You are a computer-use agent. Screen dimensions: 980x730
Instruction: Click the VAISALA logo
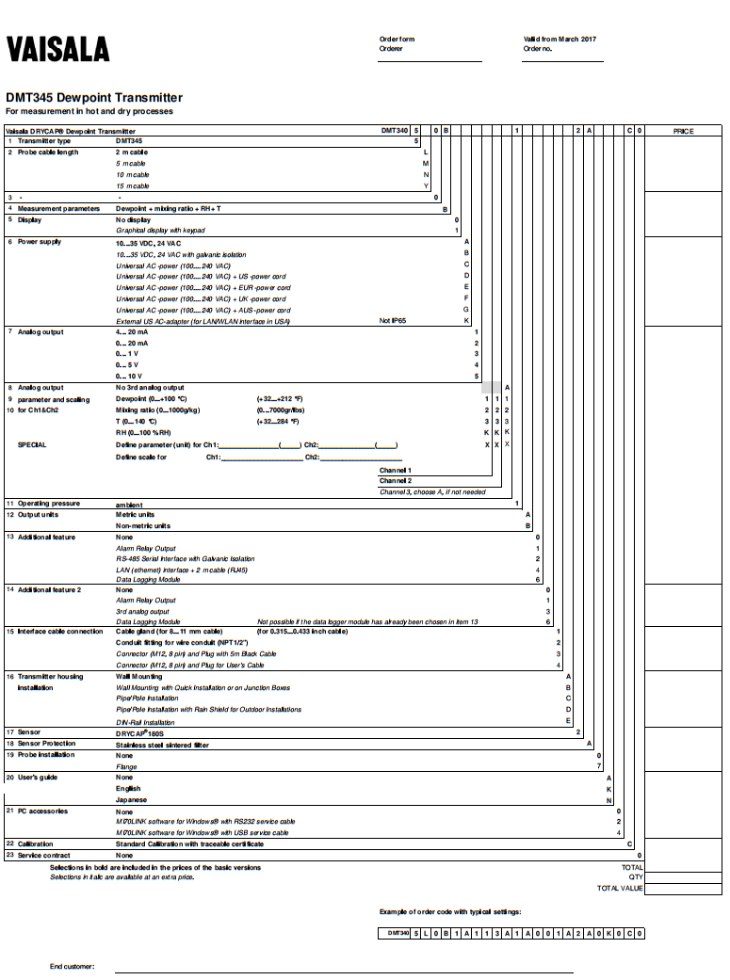(x=57, y=49)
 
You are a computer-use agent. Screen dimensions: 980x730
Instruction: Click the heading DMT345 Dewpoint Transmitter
(x=94, y=98)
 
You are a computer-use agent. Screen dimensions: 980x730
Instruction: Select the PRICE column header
(x=683, y=131)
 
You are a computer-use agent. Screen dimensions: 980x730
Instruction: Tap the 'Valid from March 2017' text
(x=560, y=40)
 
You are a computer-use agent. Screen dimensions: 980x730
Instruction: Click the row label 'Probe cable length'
(x=48, y=153)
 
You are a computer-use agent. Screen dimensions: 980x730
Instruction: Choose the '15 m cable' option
(x=132, y=186)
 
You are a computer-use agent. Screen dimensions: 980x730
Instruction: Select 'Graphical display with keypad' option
(x=160, y=231)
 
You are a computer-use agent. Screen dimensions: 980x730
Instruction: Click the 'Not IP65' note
(x=392, y=321)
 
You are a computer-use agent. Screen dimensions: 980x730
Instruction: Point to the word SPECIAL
(x=32, y=444)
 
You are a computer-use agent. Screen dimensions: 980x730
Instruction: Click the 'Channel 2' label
(x=396, y=480)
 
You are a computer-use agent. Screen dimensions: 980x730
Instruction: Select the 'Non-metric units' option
(x=143, y=526)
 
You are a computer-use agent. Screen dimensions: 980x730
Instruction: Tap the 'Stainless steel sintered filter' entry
(x=162, y=745)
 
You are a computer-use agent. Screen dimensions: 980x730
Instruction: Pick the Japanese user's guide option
(x=132, y=799)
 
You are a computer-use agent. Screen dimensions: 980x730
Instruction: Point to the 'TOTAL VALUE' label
(x=620, y=888)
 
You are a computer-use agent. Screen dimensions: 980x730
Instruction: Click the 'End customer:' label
(x=73, y=967)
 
